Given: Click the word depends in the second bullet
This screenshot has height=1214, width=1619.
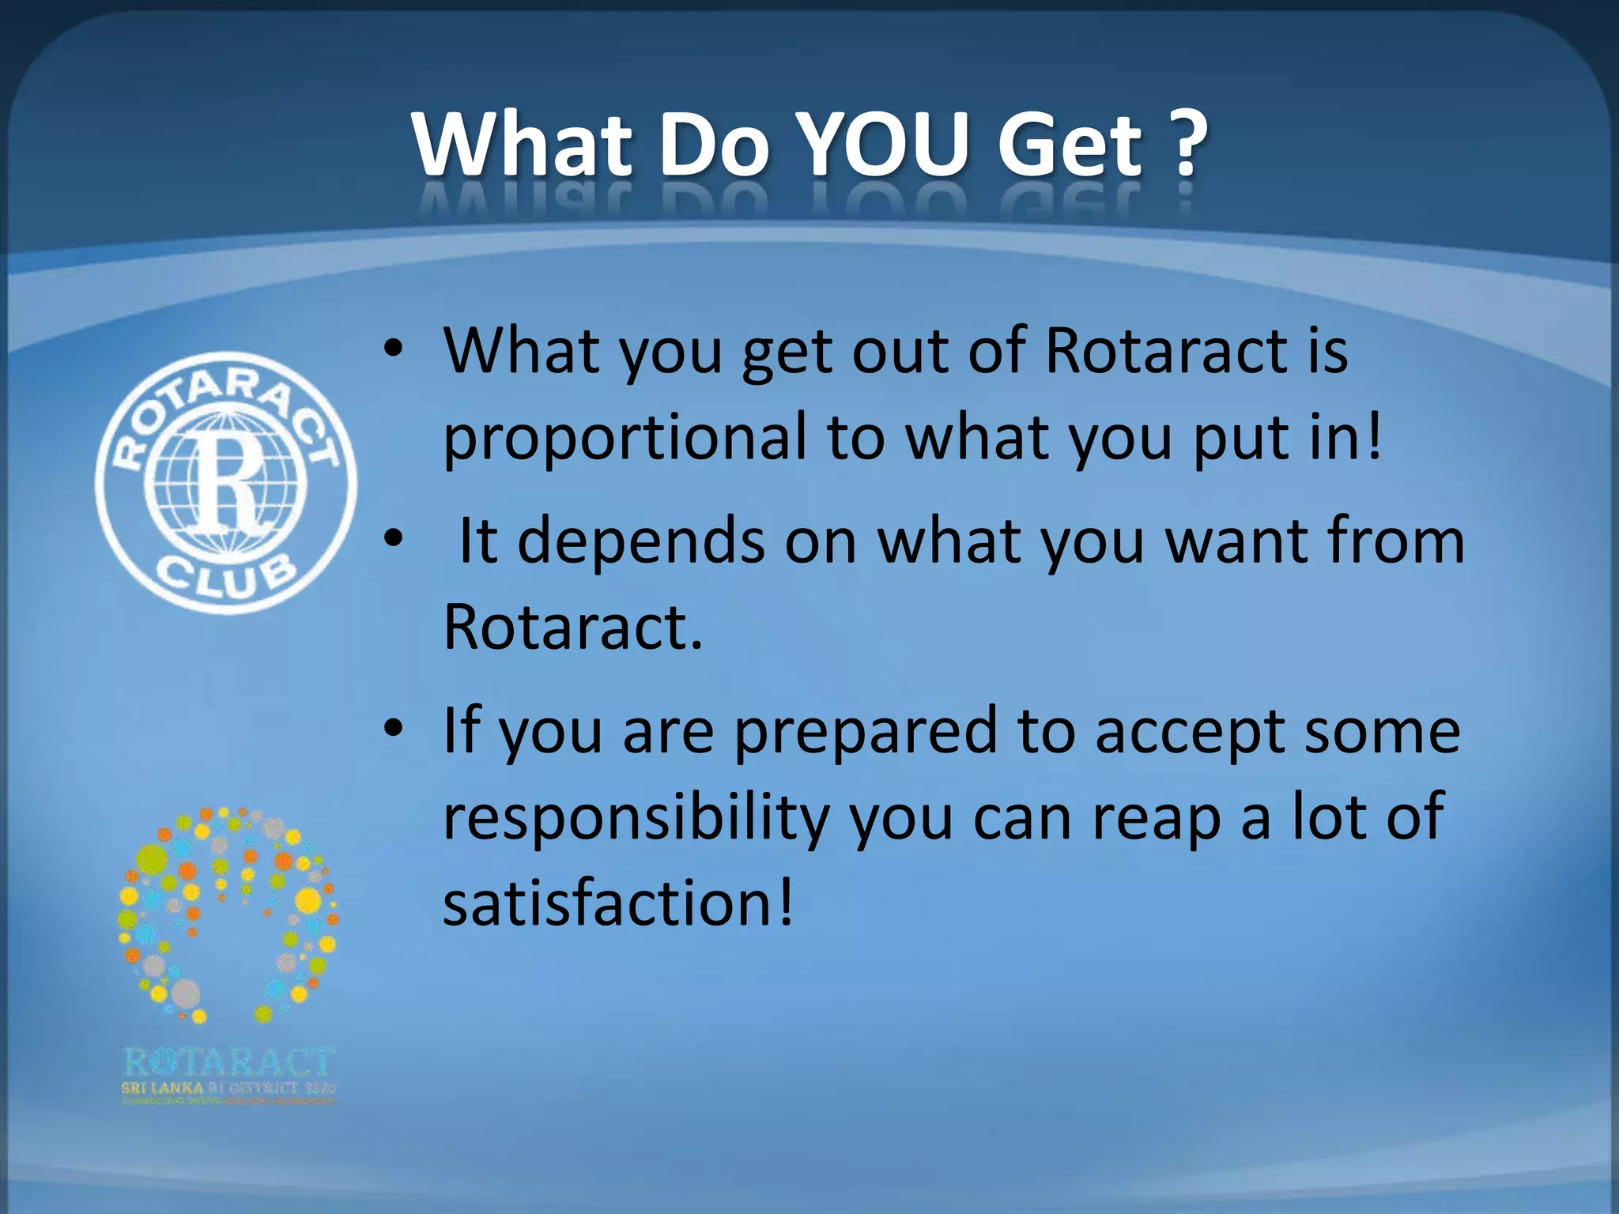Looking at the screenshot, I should pyautogui.click(x=641, y=541).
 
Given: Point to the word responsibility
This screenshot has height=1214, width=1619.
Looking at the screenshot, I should pyautogui.click(x=636, y=819).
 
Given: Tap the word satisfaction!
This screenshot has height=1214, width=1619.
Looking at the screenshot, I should pyautogui.click(x=617, y=903).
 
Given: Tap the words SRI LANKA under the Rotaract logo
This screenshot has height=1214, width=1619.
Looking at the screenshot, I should pyautogui.click(x=162, y=1088).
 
